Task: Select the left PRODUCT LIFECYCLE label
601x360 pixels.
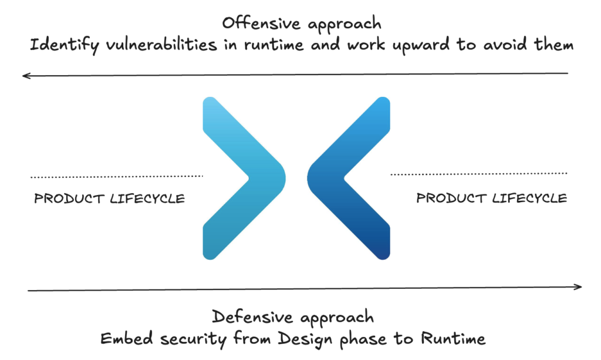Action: (x=110, y=198)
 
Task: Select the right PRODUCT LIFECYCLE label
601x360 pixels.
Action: (x=492, y=198)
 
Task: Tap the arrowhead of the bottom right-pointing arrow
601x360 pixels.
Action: (x=578, y=287)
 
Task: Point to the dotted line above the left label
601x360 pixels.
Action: (x=116, y=176)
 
